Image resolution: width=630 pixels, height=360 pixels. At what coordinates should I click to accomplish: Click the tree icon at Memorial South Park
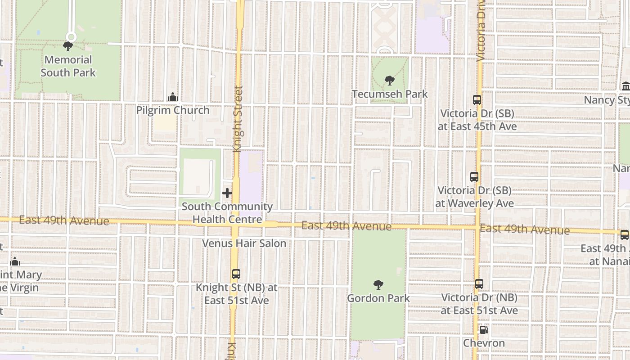point(68,46)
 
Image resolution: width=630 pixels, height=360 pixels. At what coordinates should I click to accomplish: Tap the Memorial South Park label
point(68,66)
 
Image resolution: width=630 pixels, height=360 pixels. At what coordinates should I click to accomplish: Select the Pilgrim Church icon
point(172,97)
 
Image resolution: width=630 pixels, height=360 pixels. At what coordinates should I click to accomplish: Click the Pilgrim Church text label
point(173,110)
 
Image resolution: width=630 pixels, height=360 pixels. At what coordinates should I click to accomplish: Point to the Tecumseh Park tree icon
point(390,81)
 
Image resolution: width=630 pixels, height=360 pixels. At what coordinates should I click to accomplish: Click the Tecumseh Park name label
point(390,94)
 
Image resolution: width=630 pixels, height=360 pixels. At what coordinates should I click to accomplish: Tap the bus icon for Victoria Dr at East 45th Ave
point(477,100)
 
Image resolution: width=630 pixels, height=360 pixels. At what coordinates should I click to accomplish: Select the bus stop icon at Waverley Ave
point(474,177)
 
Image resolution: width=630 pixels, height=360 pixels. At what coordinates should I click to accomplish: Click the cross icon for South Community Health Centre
point(227,193)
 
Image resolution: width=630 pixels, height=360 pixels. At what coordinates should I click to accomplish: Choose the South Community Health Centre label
point(227,213)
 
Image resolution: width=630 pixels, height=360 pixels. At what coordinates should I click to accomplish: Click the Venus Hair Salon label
point(244,243)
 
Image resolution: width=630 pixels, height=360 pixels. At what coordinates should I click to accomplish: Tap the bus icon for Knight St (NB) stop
point(236,274)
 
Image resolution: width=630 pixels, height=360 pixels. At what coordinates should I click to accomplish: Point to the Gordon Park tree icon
point(378,284)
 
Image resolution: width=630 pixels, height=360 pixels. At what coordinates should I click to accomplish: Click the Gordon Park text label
point(378,298)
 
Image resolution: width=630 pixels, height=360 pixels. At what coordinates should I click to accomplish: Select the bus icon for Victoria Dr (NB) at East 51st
point(479,284)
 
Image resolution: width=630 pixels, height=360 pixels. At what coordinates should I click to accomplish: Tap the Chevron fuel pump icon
point(484,330)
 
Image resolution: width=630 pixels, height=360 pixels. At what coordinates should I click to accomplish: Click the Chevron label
point(484,343)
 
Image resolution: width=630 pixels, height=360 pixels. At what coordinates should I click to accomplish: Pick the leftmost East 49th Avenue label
point(64,220)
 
